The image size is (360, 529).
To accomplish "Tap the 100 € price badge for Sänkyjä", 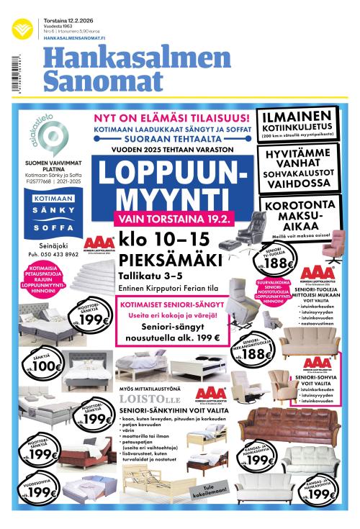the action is point(49,365).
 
